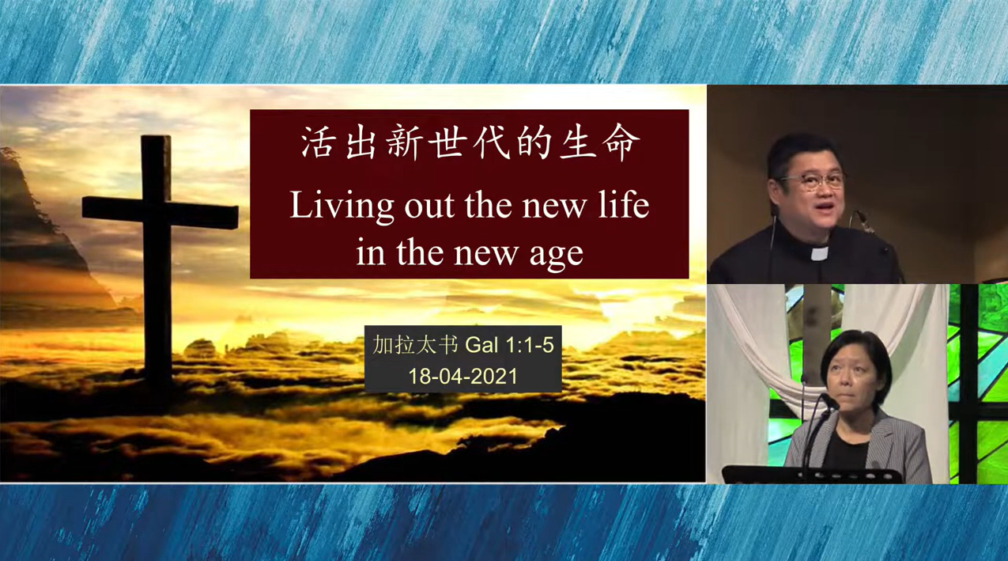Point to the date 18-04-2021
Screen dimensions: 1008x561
[462, 376]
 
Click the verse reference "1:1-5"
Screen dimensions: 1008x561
[530, 345]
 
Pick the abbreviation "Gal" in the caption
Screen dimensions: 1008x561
[481, 345]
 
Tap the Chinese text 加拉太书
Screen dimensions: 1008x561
[415, 345]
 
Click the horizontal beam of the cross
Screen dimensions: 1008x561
[160, 211]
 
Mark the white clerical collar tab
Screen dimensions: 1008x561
[820, 254]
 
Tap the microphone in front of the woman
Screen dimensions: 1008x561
[829, 400]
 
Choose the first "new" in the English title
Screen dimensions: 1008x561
[554, 208]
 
